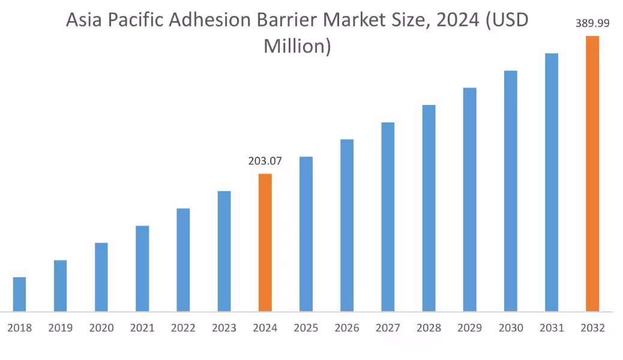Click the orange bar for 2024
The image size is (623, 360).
[265, 242]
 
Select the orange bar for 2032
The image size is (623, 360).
[592, 174]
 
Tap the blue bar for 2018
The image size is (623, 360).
[19, 294]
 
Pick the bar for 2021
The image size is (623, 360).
[142, 268]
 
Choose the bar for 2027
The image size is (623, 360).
[388, 217]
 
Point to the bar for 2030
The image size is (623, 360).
[510, 191]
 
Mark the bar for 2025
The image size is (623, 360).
[306, 234]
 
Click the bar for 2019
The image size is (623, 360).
[60, 286]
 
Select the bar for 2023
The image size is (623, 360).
[224, 251]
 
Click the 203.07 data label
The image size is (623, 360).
[265, 161]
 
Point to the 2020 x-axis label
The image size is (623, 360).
[101, 328]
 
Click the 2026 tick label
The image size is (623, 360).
[347, 328]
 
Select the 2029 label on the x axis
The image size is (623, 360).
[469, 328]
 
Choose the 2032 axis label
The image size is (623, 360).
[592, 328]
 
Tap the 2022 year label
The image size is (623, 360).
[183, 328]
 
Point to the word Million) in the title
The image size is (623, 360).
[297, 46]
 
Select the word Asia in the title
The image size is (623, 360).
[82, 20]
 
